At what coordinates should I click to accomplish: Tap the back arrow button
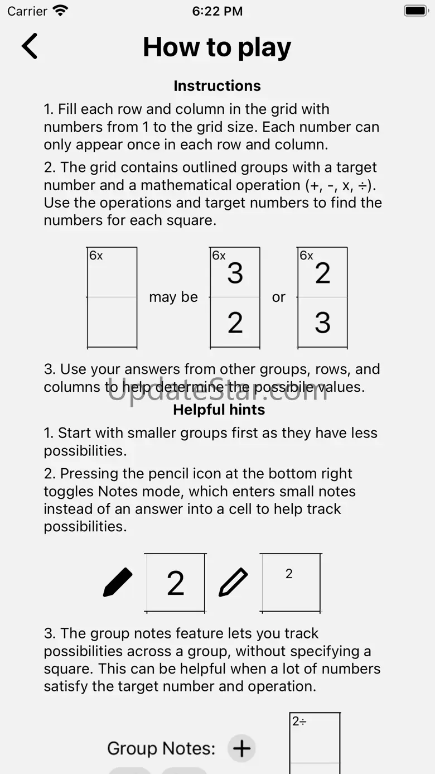pos(30,46)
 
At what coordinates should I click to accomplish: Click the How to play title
pos(217,47)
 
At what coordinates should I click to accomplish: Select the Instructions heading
pos(217,85)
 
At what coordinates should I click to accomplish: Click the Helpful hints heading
pos(219,410)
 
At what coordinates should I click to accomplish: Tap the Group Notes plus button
pos(241,748)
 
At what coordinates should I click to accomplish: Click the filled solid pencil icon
pos(118,582)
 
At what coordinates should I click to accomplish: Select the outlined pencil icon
pos(233,582)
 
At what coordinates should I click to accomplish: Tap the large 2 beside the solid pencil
pos(176,583)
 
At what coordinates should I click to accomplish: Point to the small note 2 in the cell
pos(289,574)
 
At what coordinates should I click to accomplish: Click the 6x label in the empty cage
pos(96,256)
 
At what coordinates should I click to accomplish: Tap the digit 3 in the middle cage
pos(235,273)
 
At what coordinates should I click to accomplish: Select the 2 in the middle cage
pos(235,323)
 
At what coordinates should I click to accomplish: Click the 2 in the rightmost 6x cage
pos(322,273)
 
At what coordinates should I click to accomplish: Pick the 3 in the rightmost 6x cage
pos(322,323)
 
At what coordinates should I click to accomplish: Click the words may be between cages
pos(173,297)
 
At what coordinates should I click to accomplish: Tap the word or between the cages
pos(279,297)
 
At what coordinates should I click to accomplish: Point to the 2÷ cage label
pos(299,721)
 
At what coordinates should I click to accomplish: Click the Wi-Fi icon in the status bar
pos(60,11)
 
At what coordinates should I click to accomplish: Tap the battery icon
pos(415,11)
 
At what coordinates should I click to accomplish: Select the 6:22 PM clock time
pos(217,11)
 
